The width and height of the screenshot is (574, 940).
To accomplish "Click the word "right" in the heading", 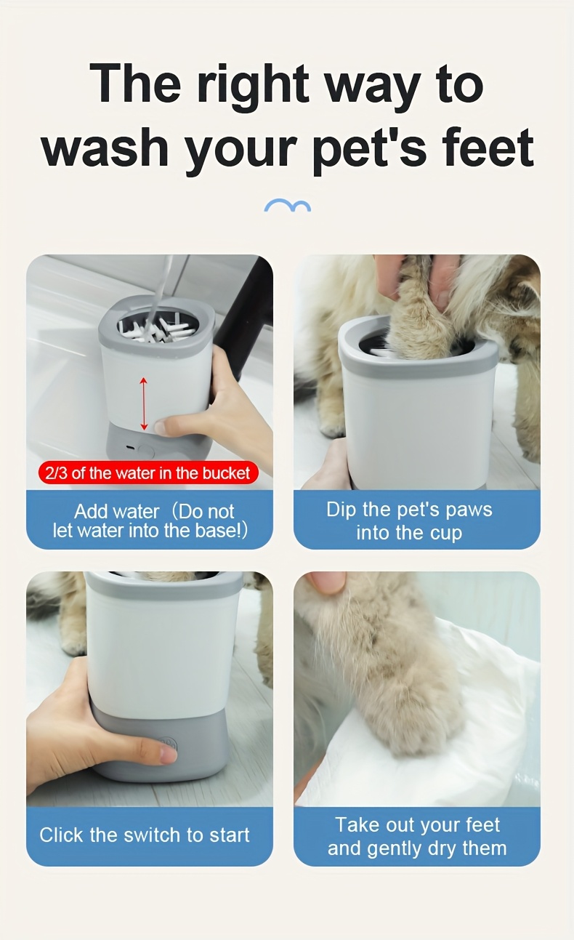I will click(x=254, y=86).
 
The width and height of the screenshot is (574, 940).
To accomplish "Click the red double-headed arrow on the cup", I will click(x=144, y=403).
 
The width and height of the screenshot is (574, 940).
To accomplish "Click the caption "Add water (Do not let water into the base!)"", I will click(x=150, y=521).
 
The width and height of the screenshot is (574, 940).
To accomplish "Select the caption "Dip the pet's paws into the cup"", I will click(x=416, y=521).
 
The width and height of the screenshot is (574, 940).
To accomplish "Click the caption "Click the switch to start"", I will click(x=145, y=835).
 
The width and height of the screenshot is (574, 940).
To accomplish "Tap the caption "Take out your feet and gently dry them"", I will click(x=416, y=836).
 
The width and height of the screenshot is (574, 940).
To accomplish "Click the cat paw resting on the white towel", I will click(x=414, y=712).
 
